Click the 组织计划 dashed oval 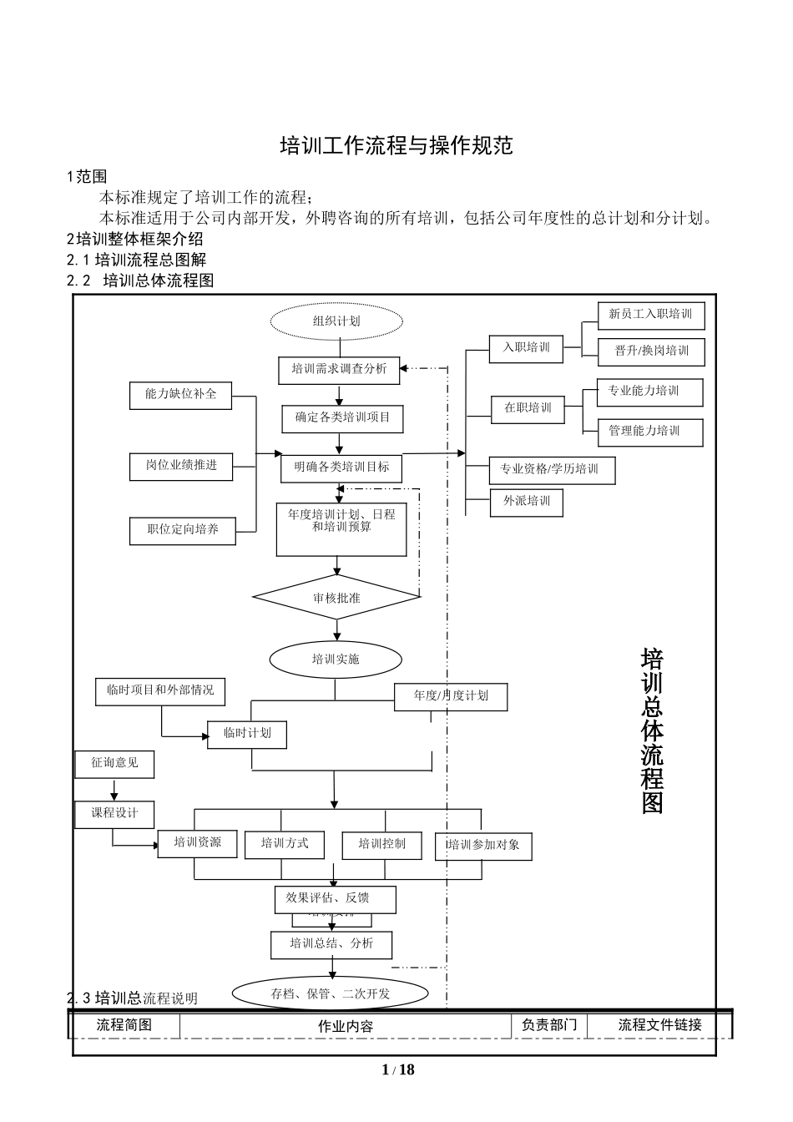coord(336,321)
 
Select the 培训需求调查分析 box coord(339,369)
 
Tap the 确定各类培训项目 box coord(342,417)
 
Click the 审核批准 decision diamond coord(336,598)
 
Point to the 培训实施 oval coord(336,659)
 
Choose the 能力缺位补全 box coord(180,395)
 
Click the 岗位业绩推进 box coord(181,466)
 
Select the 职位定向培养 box coord(182,530)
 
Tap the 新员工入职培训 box coord(650,315)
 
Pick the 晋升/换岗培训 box coord(651,351)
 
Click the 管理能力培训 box coord(649,432)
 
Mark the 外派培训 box coord(526,502)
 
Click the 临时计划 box coord(247,734)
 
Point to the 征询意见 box coord(114,763)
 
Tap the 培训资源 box coord(198,843)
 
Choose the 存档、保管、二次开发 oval coord(331,993)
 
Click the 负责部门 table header coord(548,1025)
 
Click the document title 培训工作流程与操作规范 coord(396,145)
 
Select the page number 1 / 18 coord(397,1070)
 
